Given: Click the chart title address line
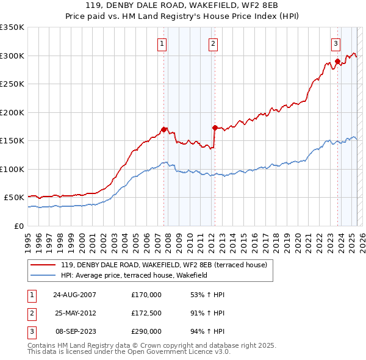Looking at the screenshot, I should pyautogui.click(x=183, y=5).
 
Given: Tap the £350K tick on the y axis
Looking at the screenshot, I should pyautogui.click(x=12, y=27).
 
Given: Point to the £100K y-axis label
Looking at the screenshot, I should pyautogui.click(x=12, y=169).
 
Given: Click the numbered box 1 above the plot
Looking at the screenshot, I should pyautogui.click(x=162, y=43).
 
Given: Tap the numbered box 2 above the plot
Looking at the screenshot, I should pyautogui.click(x=213, y=43).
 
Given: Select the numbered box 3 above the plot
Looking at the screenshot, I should pyautogui.click(x=336, y=43).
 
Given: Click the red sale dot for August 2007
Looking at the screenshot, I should pyautogui.click(x=164, y=129).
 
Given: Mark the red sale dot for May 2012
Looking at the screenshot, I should pyautogui.click(x=215, y=128).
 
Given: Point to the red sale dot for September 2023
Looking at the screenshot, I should pyautogui.click(x=337, y=62).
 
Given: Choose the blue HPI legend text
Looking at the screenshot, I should pyautogui.click(x=134, y=275).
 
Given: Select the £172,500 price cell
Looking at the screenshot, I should pyautogui.click(x=146, y=314).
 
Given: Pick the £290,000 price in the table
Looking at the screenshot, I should pyautogui.click(x=146, y=332).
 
